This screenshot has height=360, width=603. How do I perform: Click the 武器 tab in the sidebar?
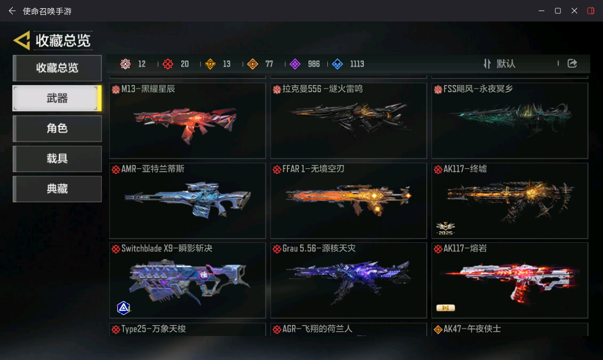57,98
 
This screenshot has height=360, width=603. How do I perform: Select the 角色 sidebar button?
57,129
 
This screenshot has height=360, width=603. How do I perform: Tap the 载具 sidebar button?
57,158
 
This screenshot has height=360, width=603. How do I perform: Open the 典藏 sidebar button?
57,188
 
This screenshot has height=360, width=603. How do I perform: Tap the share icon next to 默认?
572,63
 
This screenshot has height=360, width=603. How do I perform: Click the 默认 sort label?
506,64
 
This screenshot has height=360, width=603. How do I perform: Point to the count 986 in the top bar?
314,64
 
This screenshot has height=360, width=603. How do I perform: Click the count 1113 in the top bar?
357,64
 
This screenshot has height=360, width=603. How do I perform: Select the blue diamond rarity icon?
337,64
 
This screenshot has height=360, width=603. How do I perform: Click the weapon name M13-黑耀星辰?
148,89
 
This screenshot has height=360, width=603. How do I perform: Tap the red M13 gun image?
185,123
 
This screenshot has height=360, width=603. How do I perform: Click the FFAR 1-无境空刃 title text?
313,168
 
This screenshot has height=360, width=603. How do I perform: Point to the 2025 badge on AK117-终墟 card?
445,228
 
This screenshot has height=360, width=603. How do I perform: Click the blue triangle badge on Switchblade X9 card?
123,308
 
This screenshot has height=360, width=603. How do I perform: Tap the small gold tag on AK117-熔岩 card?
445,308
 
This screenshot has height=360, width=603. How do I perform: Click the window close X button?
574,11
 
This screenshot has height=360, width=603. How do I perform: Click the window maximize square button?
557,11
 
